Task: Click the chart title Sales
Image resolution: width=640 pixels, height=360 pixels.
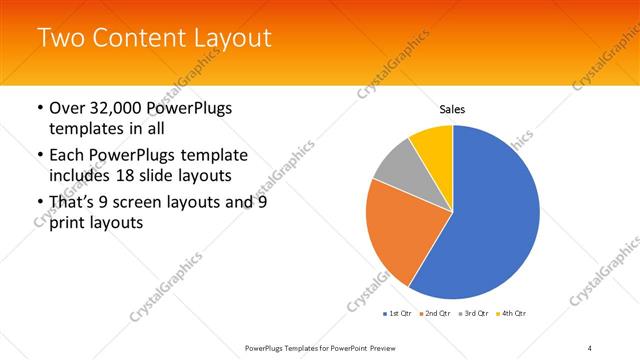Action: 452,109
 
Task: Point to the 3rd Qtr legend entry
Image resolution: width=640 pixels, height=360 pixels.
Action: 470,313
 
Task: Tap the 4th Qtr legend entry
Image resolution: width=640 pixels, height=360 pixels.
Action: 508,313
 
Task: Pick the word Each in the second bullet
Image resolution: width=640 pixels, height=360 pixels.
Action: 68,155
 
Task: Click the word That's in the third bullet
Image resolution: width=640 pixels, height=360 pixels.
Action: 73,202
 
